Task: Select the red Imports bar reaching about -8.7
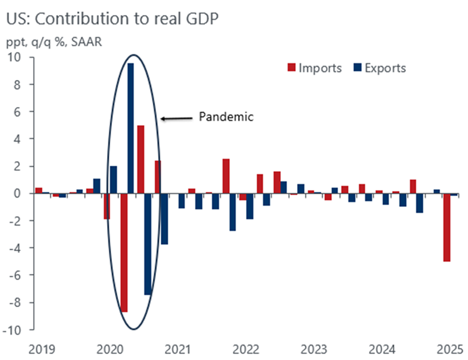click(x=123, y=252)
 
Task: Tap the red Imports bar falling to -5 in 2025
click(x=446, y=227)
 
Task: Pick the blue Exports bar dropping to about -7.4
click(x=147, y=244)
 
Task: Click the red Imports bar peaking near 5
click(x=140, y=159)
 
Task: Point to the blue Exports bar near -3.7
click(x=164, y=219)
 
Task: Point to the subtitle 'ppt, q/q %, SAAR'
click(x=47, y=43)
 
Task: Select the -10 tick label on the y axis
click(x=13, y=330)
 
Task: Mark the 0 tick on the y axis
click(x=17, y=194)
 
